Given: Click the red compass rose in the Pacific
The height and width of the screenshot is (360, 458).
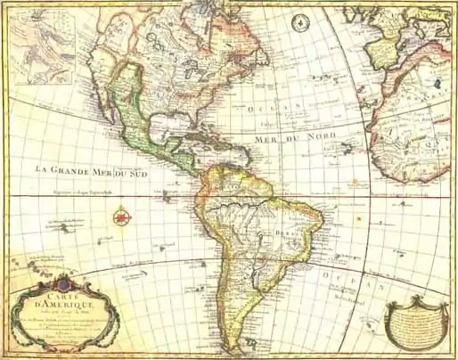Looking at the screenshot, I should tap(122, 215).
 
